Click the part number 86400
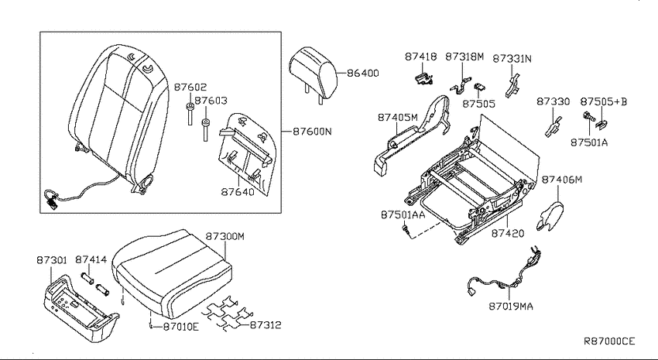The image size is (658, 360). point(363,73)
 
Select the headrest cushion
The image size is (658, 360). point(313,72)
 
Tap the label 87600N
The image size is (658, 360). point(312,132)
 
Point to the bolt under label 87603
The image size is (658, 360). point(205,129)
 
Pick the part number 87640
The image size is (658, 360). point(238,192)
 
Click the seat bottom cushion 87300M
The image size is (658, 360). point(172,273)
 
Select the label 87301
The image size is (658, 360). point(52,260)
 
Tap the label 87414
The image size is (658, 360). point(91,260)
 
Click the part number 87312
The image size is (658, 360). point(266,324)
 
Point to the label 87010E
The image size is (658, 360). point(180,326)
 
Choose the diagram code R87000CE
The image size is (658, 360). point(609,341)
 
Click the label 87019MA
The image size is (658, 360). point(511,307)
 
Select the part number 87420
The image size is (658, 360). point(508,233)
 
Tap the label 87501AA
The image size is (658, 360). point(403,214)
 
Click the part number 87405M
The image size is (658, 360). point(397,118)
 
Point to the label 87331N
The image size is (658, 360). point(512,59)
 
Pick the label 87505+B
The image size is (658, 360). point(604,101)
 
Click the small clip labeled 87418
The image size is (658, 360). point(423,78)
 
